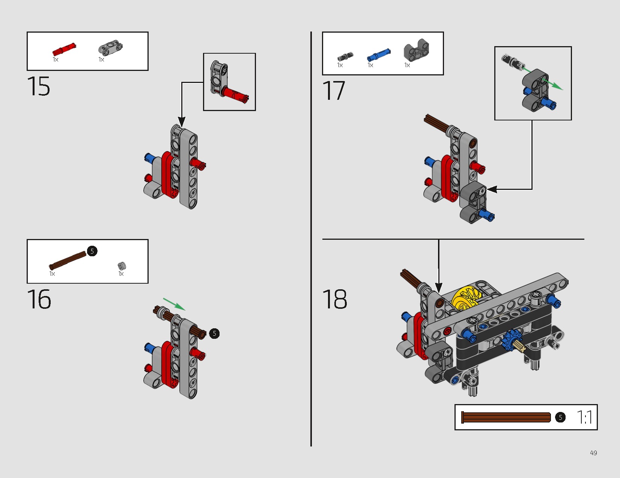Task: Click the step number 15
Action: pos(39,86)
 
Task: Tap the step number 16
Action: pos(39,299)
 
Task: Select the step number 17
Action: pos(334,90)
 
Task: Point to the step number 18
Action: pos(335,299)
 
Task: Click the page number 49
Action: pos(593,453)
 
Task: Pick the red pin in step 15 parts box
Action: pos(64,49)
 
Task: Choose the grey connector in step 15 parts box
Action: pos(110,47)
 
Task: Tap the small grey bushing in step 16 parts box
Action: pos(122,266)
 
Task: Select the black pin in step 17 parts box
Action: pos(345,56)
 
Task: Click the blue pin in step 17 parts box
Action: pos(379,55)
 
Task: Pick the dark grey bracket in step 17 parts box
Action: pos(416,50)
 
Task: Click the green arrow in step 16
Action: pos(174,304)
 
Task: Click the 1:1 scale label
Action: pos(584,417)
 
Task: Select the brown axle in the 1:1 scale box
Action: pos(506,418)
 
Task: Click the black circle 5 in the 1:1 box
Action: pos(560,418)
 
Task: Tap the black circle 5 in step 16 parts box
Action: pos(92,251)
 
